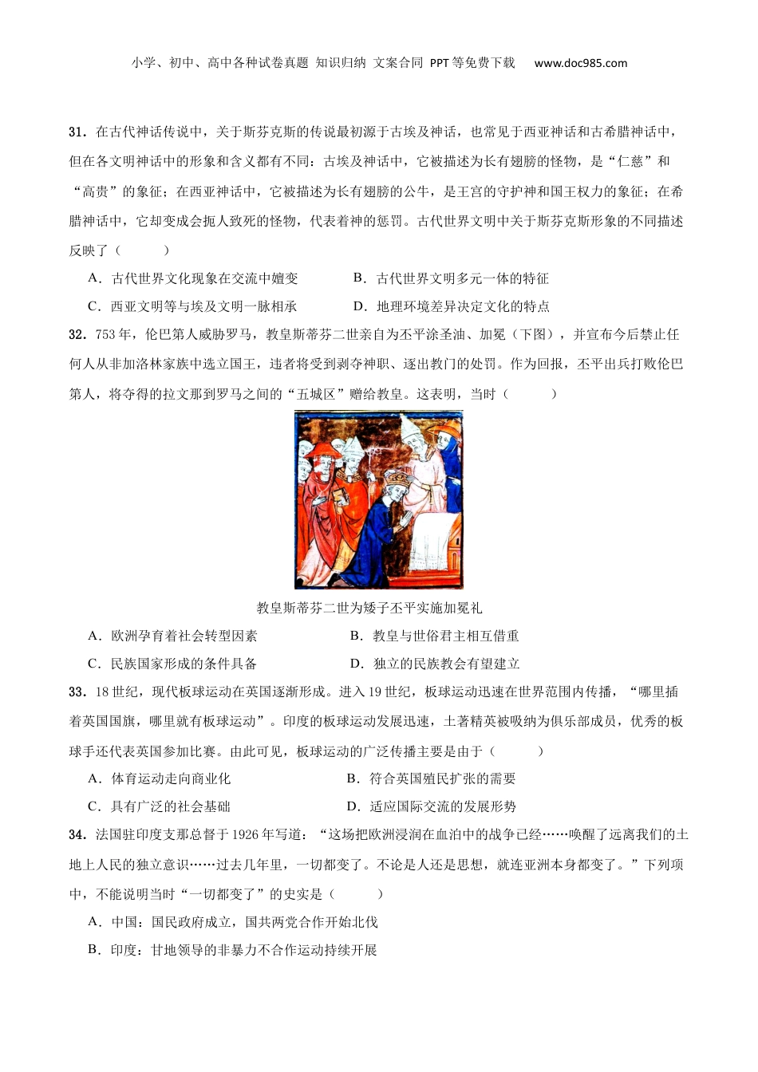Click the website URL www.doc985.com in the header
tap(580, 63)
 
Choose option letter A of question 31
tap(94, 278)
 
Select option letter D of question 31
tap(359, 306)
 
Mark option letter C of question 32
tap(94, 664)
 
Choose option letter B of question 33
tap(352, 778)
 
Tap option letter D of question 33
tap(352, 806)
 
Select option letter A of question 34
tap(94, 922)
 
